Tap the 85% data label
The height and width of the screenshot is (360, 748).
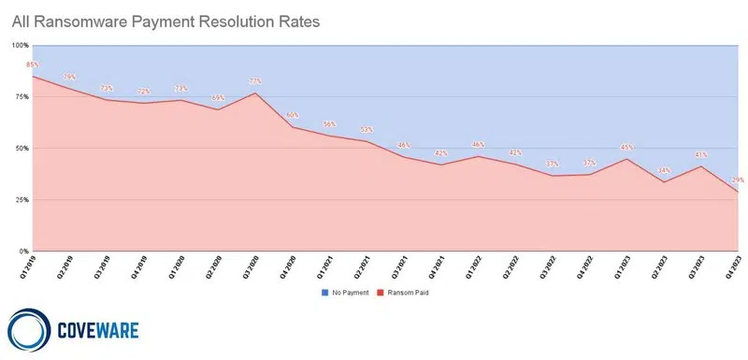coord(33,65)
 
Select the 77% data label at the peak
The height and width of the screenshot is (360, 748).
coord(254,81)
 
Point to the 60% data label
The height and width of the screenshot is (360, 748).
coord(292,115)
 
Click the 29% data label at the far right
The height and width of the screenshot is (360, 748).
coord(738,180)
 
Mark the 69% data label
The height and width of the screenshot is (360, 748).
coord(218,98)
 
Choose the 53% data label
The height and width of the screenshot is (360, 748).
coord(367,130)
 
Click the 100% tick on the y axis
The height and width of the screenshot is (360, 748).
coord(19,45)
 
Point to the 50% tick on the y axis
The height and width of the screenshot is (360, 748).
coord(21,148)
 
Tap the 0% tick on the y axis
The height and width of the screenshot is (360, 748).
coord(22,252)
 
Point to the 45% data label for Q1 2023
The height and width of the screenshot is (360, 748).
coord(626,147)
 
